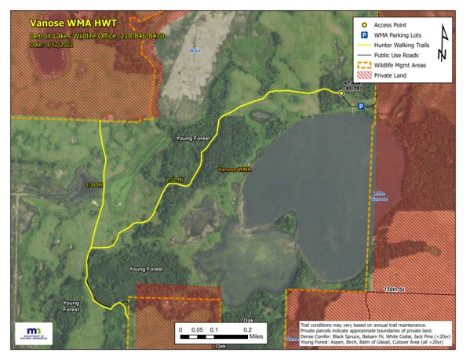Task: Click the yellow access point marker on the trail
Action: [340, 93]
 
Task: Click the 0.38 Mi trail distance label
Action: [93, 185]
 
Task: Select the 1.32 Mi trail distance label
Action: [174, 180]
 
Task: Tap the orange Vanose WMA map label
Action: [234, 169]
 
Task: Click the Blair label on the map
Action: [195, 51]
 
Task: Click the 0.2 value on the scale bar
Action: [247, 330]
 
